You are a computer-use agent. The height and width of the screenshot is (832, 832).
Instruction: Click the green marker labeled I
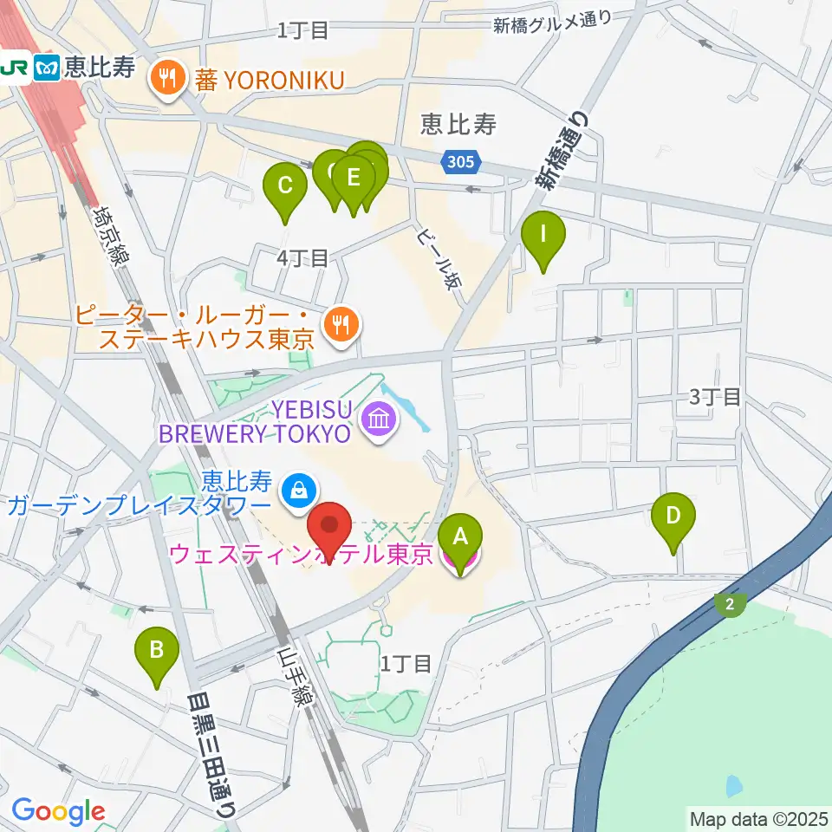[543, 235]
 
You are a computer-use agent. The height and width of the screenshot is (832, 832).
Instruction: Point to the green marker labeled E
[353, 178]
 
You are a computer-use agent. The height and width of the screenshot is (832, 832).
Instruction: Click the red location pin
[329, 527]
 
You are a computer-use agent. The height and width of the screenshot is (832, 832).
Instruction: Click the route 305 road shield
[456, 162]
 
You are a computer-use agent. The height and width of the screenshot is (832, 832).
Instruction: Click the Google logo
[58, 811]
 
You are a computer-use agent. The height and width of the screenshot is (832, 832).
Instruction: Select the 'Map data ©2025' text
[757, 817]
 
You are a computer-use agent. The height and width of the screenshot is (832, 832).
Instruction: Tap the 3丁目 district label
[715, 397]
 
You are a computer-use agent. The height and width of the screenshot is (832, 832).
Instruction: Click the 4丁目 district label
[302, 257]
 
